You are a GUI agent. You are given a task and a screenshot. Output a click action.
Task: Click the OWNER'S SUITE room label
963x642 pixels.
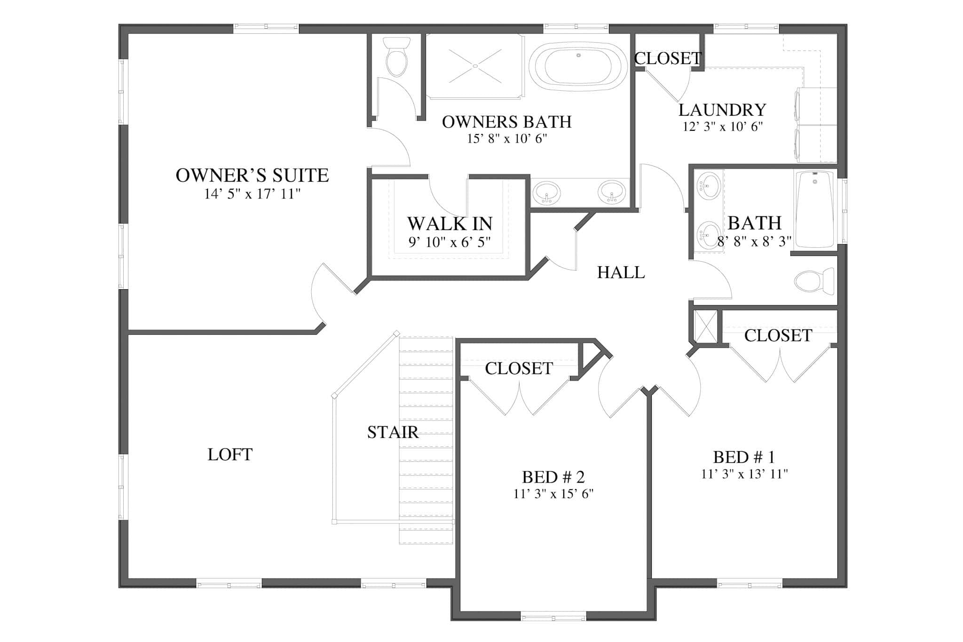pyautogui.click(x=252, y=175)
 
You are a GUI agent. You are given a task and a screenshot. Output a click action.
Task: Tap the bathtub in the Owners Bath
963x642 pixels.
pyautogui.click(x=578, y=67)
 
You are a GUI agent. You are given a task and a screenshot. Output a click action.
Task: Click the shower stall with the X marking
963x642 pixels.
pyautogui.click(x=475, y=66)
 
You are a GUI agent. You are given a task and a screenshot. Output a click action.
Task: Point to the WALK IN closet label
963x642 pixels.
pyautogui.click(x=450, y=223)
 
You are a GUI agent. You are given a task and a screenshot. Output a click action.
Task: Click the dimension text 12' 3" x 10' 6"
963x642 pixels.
pyautogui.click(x=722, y=127)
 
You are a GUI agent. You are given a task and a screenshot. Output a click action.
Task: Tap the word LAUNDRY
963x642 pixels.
pyautogui.click(x=722, y=110)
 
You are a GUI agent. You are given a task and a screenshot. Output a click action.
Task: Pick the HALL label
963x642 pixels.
pyautogui.click(x=621, y=272)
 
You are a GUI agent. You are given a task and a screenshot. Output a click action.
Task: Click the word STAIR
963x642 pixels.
pyautogui.click(x=393, y=432)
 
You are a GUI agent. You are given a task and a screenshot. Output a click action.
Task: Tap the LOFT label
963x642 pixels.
pyautogui.click(x=230, y=454)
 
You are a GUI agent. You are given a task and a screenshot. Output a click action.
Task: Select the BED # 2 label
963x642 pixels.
pyautogui.click(x=553, y=477)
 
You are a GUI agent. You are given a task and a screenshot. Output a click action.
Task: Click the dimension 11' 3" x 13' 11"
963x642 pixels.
pyautogui.click(x=744, y=474)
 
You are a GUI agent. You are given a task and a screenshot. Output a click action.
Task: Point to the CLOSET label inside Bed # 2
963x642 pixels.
pyautogui.click(x=519, y=368)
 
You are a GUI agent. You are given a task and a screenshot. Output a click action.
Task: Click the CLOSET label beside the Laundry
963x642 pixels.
pyautogui.click(x=668, y=58)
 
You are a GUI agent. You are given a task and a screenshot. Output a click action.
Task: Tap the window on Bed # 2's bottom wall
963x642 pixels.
pyautogui.click(x=553, y=616)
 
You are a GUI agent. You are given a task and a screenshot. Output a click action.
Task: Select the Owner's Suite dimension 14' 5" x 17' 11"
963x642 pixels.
pyautogui.click(x=252, y=194)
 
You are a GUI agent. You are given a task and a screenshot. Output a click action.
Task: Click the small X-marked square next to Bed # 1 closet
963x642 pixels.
pyautogui.click(x=705, y=325)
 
